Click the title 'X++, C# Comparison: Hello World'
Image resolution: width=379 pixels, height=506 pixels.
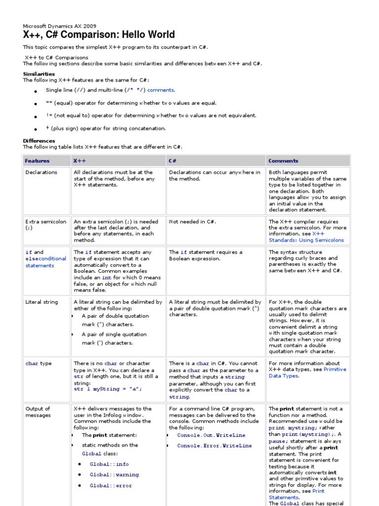(99, 35)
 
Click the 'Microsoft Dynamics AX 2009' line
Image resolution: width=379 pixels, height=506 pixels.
(60, 26)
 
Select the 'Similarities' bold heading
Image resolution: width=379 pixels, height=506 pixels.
(39, 74)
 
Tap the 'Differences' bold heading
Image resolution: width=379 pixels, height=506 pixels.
(39, 141)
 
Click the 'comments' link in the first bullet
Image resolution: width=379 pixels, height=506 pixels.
(161, 90)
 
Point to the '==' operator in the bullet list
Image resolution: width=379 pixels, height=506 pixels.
(49, 103)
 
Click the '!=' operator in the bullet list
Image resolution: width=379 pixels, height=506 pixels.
(49, 116)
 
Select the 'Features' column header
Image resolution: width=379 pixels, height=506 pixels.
(37, 161)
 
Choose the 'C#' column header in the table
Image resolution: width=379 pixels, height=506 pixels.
(173, 161)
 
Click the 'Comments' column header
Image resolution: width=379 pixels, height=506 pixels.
(283, 161)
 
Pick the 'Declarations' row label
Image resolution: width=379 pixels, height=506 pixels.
(41, 172)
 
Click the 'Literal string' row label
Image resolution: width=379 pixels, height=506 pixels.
(41, 302)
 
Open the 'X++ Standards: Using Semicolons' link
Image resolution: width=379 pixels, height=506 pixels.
(306, 237)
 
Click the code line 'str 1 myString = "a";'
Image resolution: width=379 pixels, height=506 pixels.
(108, 389)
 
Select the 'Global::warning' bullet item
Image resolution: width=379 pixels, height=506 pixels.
(114, 475)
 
